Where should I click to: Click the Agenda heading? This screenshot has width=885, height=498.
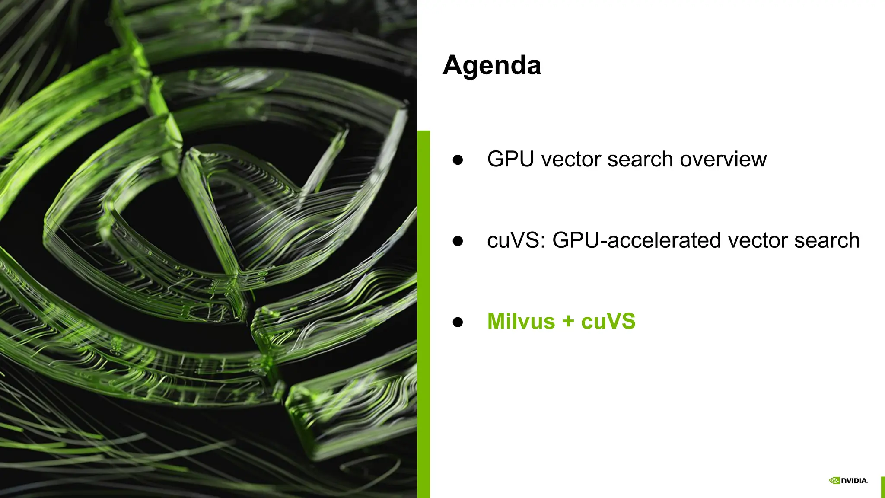click(x=492, y=66)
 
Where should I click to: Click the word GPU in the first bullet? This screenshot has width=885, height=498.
click(x=511, y=159)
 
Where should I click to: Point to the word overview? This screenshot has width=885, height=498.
click(x=723, y=159)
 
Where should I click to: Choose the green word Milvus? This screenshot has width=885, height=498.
click(x=521, y=322)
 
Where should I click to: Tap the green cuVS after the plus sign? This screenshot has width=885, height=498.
click(x=608, y=322)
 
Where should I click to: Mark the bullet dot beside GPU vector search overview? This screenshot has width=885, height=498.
click(x=458, y=160)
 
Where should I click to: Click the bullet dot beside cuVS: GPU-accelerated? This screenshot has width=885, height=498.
click(x=458, y=241)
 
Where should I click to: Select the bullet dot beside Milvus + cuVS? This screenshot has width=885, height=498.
click(x=458, y=322)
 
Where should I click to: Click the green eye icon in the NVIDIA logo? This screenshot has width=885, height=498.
click(x=834, y=481)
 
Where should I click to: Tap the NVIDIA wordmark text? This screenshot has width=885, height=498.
click(x=854, y=481)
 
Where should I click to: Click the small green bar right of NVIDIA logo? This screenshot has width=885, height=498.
click(x=883, y=487)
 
